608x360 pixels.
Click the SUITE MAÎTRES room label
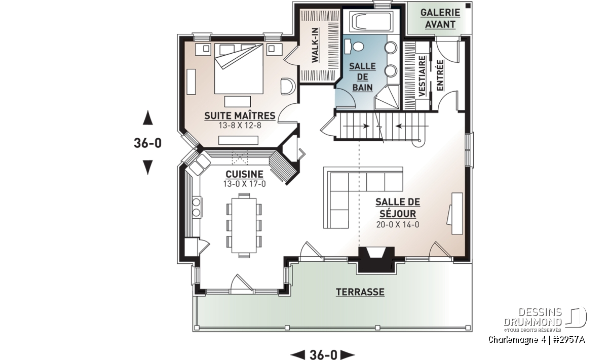(x=240, y=116)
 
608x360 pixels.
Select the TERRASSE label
(x=360, y=292)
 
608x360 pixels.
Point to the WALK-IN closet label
(x=315, y=45)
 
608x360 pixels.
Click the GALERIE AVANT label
(x=440, y=18)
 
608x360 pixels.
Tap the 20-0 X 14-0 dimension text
(x=398, y=225)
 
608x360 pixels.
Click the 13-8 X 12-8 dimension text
(x=240, y=126)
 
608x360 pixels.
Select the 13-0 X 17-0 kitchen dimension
(x=244, y=184)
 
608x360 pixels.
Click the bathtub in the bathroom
(x=371, y=22)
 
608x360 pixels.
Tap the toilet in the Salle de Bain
(x=354, y=47)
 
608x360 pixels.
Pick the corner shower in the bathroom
(x=387, y=97)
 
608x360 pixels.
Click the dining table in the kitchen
(x=244, y=225)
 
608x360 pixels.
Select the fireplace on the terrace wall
(x=376, y=260)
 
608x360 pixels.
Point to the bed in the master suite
(x=239, y=68)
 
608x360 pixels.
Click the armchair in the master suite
(x=287, y=86)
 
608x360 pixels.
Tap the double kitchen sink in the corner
(x=200, y=165)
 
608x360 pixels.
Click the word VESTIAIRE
(x=422, y=76)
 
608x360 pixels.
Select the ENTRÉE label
(x=440, y=75)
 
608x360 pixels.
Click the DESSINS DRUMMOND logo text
(x=533, y=317)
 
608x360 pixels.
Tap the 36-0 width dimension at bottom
(x=323, y=354)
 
